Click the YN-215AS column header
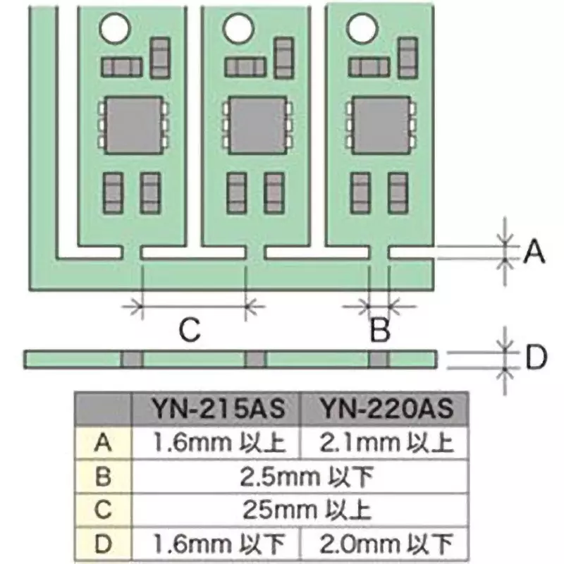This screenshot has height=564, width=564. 219,409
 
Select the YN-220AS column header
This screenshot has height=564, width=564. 386,409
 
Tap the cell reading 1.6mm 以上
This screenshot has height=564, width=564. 219,442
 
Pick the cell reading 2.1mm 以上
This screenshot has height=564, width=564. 386,442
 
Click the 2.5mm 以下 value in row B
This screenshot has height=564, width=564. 307,477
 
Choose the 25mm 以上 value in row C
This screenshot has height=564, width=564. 307,509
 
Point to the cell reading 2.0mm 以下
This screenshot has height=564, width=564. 386,544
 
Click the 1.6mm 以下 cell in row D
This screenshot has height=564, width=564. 219,544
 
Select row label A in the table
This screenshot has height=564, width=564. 103,442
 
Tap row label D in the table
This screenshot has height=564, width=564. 103,544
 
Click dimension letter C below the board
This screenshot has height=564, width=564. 190,330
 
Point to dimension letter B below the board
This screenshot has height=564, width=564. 380,330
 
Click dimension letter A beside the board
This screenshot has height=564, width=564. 534,252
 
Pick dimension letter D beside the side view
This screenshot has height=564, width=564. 537,357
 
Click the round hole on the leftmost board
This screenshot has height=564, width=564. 114,29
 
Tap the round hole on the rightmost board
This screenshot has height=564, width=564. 362,28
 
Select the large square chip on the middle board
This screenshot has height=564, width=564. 258,125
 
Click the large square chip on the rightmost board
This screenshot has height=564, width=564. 381,125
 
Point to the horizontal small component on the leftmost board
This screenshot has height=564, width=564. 121,67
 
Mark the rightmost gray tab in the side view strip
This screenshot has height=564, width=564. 379,360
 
